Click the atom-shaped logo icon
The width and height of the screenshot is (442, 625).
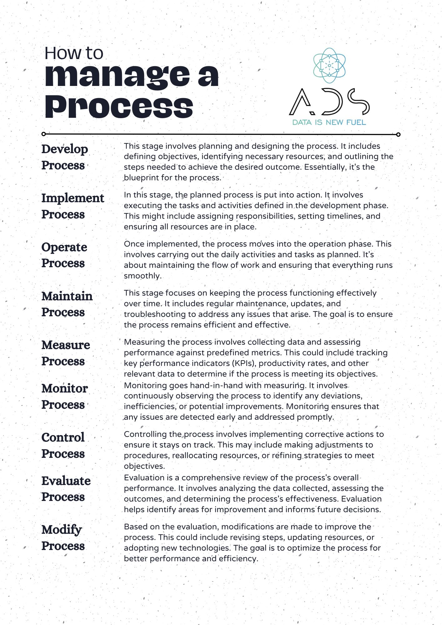click(x=329, y=66)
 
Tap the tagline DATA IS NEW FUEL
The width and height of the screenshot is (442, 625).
click(x=329, y=122)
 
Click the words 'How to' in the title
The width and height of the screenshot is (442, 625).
click(x=74, y=53)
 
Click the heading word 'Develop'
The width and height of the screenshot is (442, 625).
click(x=65, y=149)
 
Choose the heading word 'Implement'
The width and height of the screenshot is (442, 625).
click(x=73, y=198)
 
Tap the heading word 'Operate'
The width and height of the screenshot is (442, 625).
click(x=64, y=247)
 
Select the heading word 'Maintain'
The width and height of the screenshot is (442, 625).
click(x=67, y=296)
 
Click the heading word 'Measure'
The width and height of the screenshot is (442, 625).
click(x=66, y=345)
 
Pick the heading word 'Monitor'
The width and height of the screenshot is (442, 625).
click(x=65, y=388)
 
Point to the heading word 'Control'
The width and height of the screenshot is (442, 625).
click(x=63, y=437)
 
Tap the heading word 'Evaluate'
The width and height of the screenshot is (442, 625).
click(x=66, y=481)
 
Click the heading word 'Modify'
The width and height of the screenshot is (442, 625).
click(x=62, y=530)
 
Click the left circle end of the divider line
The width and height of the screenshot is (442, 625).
click(x=44, y=134)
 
